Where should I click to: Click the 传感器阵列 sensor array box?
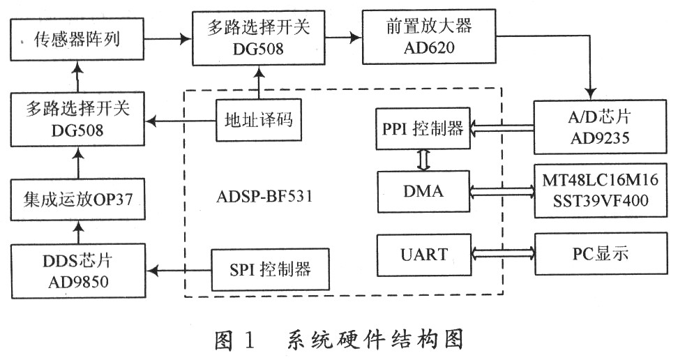point(77,40)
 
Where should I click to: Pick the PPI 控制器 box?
point(423,128)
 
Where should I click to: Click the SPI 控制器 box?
point(269,267)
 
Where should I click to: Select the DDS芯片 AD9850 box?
point(77,267)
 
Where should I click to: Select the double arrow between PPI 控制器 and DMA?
point(423,159)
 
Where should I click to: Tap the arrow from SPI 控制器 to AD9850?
point(181,268)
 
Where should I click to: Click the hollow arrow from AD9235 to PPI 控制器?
point(502,128)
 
